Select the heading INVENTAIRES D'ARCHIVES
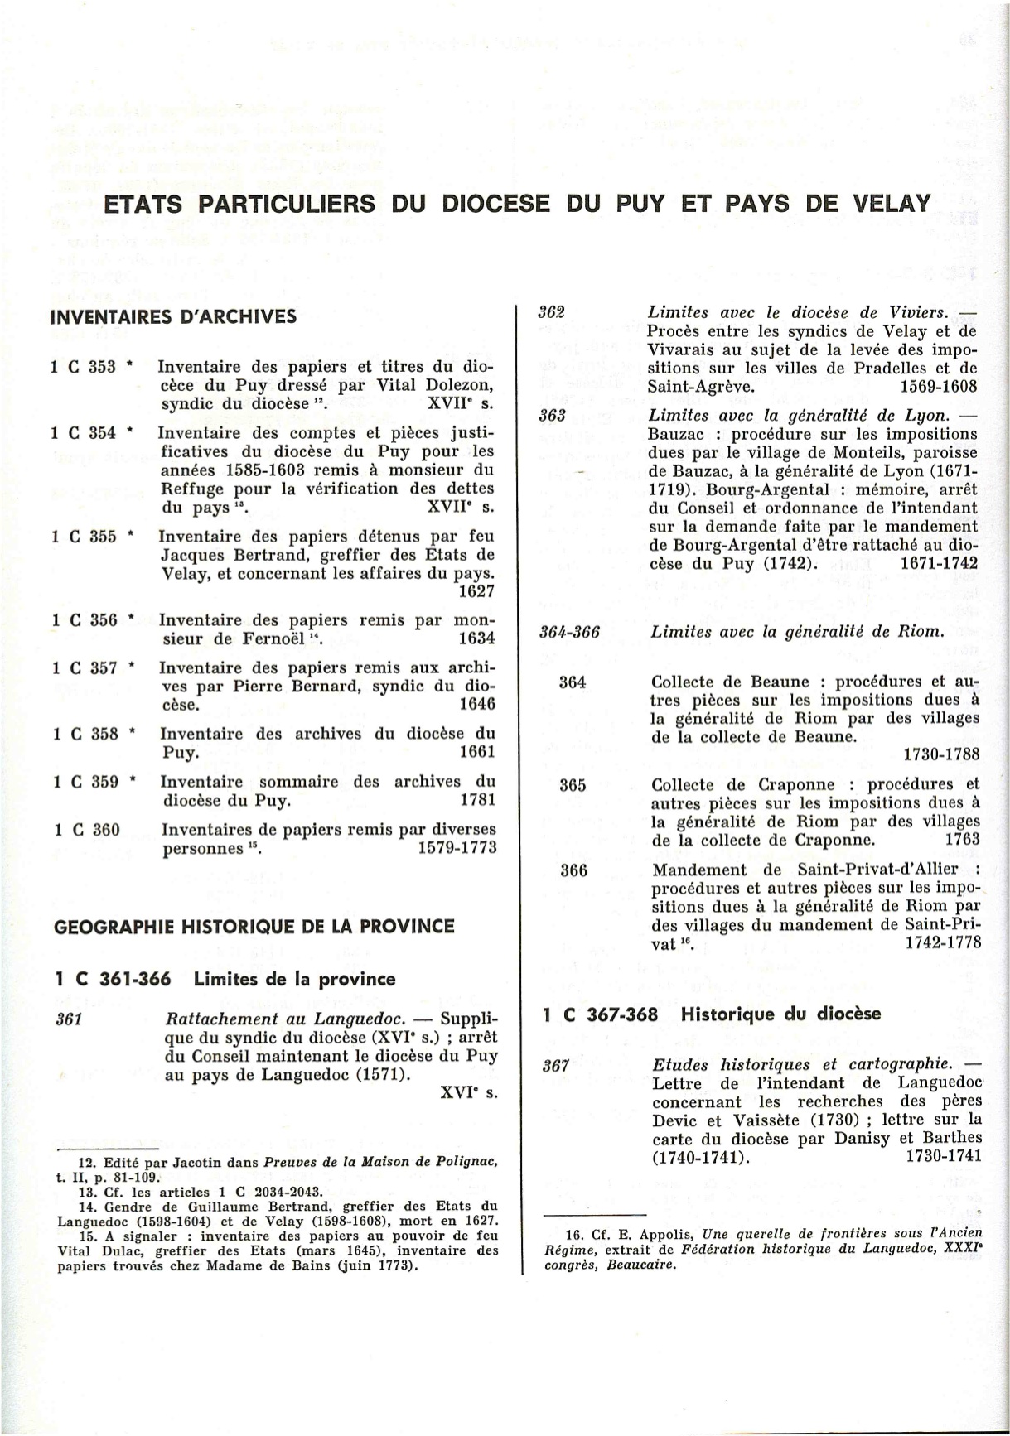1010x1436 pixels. (173, 317)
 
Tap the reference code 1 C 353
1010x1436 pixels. (84, 367)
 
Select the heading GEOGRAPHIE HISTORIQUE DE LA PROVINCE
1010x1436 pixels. (254, 927)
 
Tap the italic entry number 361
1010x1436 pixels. (67, 1019)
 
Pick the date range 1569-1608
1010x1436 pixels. (938, 387)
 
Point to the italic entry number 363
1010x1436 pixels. (552, 415)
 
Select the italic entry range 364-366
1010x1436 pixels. (569, 632)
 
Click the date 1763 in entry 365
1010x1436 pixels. (962, 839)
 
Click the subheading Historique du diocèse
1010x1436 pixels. (780, 1014)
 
